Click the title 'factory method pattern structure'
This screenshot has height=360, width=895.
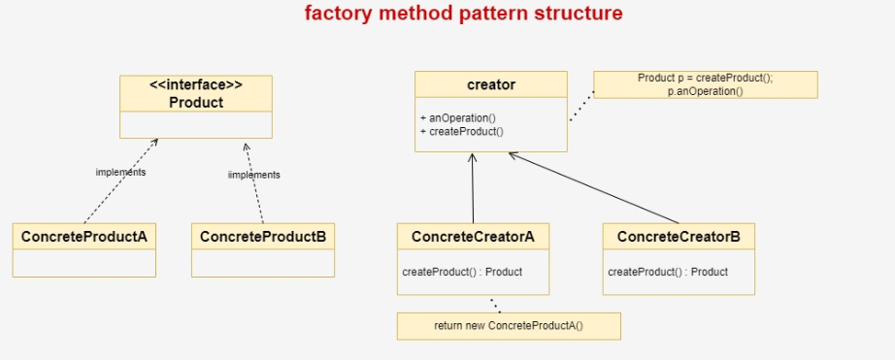(463, 14)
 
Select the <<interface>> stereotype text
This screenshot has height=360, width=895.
(196, 85)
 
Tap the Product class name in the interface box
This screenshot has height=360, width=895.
(196, 102)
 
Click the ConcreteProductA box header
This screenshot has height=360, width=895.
(84, 235)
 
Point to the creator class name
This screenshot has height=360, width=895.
(491, 85)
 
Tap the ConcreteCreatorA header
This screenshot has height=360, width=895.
(473, 235)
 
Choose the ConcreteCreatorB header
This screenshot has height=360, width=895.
(679, 235)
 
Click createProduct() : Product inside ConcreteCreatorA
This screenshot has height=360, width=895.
(462, 272)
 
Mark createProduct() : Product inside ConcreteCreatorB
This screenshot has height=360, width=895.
(668, 272)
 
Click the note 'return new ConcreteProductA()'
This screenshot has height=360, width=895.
(508, 325)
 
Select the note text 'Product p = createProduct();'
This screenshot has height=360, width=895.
(705, 78)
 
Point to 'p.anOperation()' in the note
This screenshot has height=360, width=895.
(705, 90)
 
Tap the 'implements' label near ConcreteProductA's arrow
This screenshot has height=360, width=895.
(120, 172)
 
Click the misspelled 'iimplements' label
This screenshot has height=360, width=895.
(253, 175)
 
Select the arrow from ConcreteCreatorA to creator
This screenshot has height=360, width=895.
(473, 189)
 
